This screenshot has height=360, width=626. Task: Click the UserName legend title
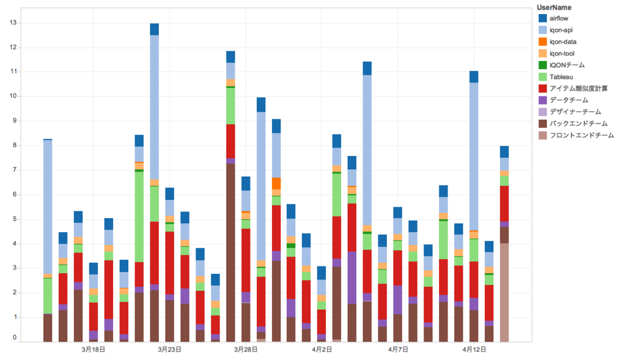554,7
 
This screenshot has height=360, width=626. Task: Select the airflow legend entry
559,18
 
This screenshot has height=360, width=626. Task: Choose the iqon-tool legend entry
562,53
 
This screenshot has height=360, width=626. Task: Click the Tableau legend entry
561,77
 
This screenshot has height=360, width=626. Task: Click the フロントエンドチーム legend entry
581,135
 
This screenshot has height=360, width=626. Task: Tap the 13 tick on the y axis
12,23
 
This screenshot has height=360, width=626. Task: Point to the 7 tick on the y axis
14,170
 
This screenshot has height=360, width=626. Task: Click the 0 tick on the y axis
14,337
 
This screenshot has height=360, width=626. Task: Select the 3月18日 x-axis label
93,350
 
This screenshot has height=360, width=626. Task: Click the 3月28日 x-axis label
246,350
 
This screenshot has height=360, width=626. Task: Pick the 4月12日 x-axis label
474,350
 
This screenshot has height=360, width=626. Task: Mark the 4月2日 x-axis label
322,350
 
